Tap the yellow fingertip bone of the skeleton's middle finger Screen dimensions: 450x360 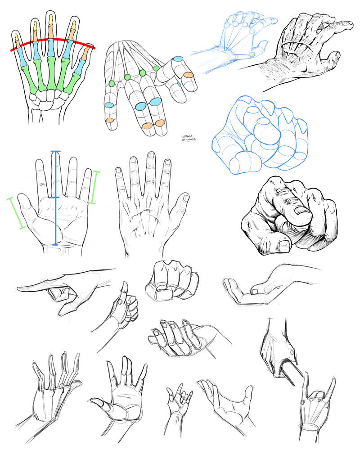pos(51,20)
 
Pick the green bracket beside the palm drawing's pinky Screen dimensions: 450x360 pos(94,187)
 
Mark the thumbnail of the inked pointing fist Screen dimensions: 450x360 pos(283,245)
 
